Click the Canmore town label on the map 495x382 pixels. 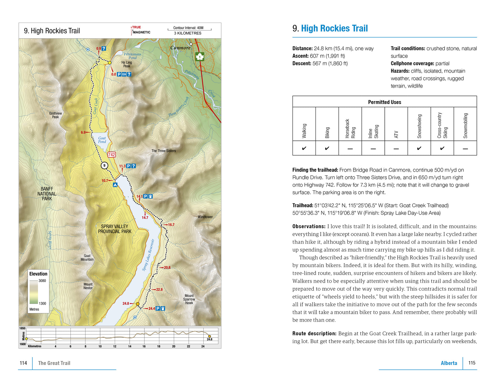coord(180,48)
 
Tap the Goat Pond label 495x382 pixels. coord(102,140)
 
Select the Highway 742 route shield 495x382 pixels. coord(112,155)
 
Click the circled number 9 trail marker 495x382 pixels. coord(104,166)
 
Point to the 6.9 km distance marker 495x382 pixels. coord(83,132)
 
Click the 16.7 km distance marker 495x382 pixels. coord(171,225)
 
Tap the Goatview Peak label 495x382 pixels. coord(55,115)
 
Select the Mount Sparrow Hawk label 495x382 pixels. coord(189,299)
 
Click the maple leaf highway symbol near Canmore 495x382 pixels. coord(200,57)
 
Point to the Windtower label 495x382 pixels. coord(205,217)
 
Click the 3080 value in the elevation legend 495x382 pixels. coord(42,281)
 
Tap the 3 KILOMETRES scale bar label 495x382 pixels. coord(188,33)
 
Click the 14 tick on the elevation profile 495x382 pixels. coord(130,346)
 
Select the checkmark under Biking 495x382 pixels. coord(327,148)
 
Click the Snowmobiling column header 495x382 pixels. coord(465,126)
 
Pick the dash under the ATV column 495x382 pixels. coord(396,149)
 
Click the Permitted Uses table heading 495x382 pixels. coord(384,102)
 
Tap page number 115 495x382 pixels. coord(472,363)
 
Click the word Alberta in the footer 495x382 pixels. coord(449,363)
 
